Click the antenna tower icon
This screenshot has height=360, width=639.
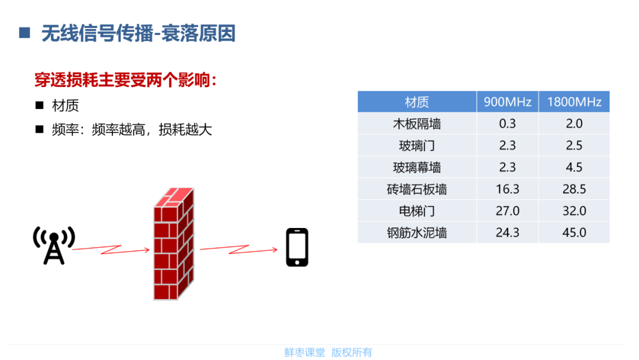(54, 246)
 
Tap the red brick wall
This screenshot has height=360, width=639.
(173, 244)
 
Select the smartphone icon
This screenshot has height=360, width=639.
(297, 247)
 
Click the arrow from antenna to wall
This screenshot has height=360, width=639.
(111, 249)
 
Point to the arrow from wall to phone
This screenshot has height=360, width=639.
(239, 249)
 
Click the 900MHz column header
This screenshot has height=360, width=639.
(508, 101)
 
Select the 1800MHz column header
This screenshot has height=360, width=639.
(574, 101)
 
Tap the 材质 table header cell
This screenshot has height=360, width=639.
(417, 101)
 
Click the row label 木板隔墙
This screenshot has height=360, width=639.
(417, 124)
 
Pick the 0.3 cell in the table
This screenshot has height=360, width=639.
(508, 124)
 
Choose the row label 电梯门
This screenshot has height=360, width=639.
(417, 211)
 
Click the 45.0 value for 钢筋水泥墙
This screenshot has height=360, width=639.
(574, 232)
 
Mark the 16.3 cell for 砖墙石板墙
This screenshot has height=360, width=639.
(508, 189)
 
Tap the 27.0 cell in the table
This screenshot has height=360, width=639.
(508, 211)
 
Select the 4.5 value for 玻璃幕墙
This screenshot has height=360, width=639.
(574, 167)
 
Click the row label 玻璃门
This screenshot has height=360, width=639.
(417, 146)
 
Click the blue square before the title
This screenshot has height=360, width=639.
(24, 33)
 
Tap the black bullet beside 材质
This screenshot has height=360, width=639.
(40, 105)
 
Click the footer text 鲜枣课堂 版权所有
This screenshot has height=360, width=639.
(328, 352)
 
